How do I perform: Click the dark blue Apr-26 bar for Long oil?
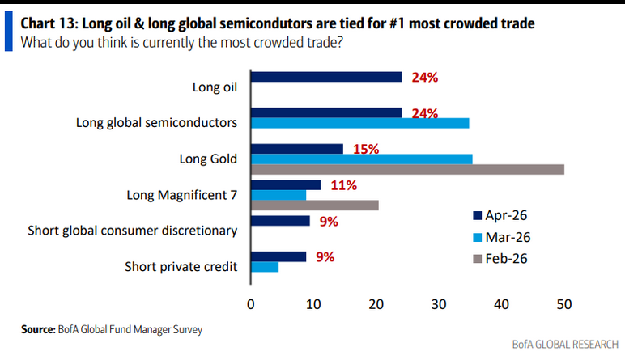pyautogui.click(x=326, y=77)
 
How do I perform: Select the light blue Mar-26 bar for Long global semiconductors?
pyautogui.click(x=359, y=123)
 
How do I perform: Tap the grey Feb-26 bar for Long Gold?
pyautogui.click(x=407, y=169)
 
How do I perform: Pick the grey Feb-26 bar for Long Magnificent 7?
pyautogui.click(x=315, y=205)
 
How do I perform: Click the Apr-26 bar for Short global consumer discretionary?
pyautogui.click(x=280, y=220)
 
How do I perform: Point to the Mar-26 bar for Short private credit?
pyautogui.click(x=265, y=267)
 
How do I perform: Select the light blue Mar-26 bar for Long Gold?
pyautogui.click(x=362, y=159)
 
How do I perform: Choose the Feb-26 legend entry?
pyautogui.click(x=502, y=260)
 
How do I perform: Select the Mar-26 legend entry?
pyautogui.click(x=502, y=238)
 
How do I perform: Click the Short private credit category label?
pyautogui.click(x=181, y=266)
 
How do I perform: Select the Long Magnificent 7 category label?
pyautogui.click(x=182, y=195)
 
